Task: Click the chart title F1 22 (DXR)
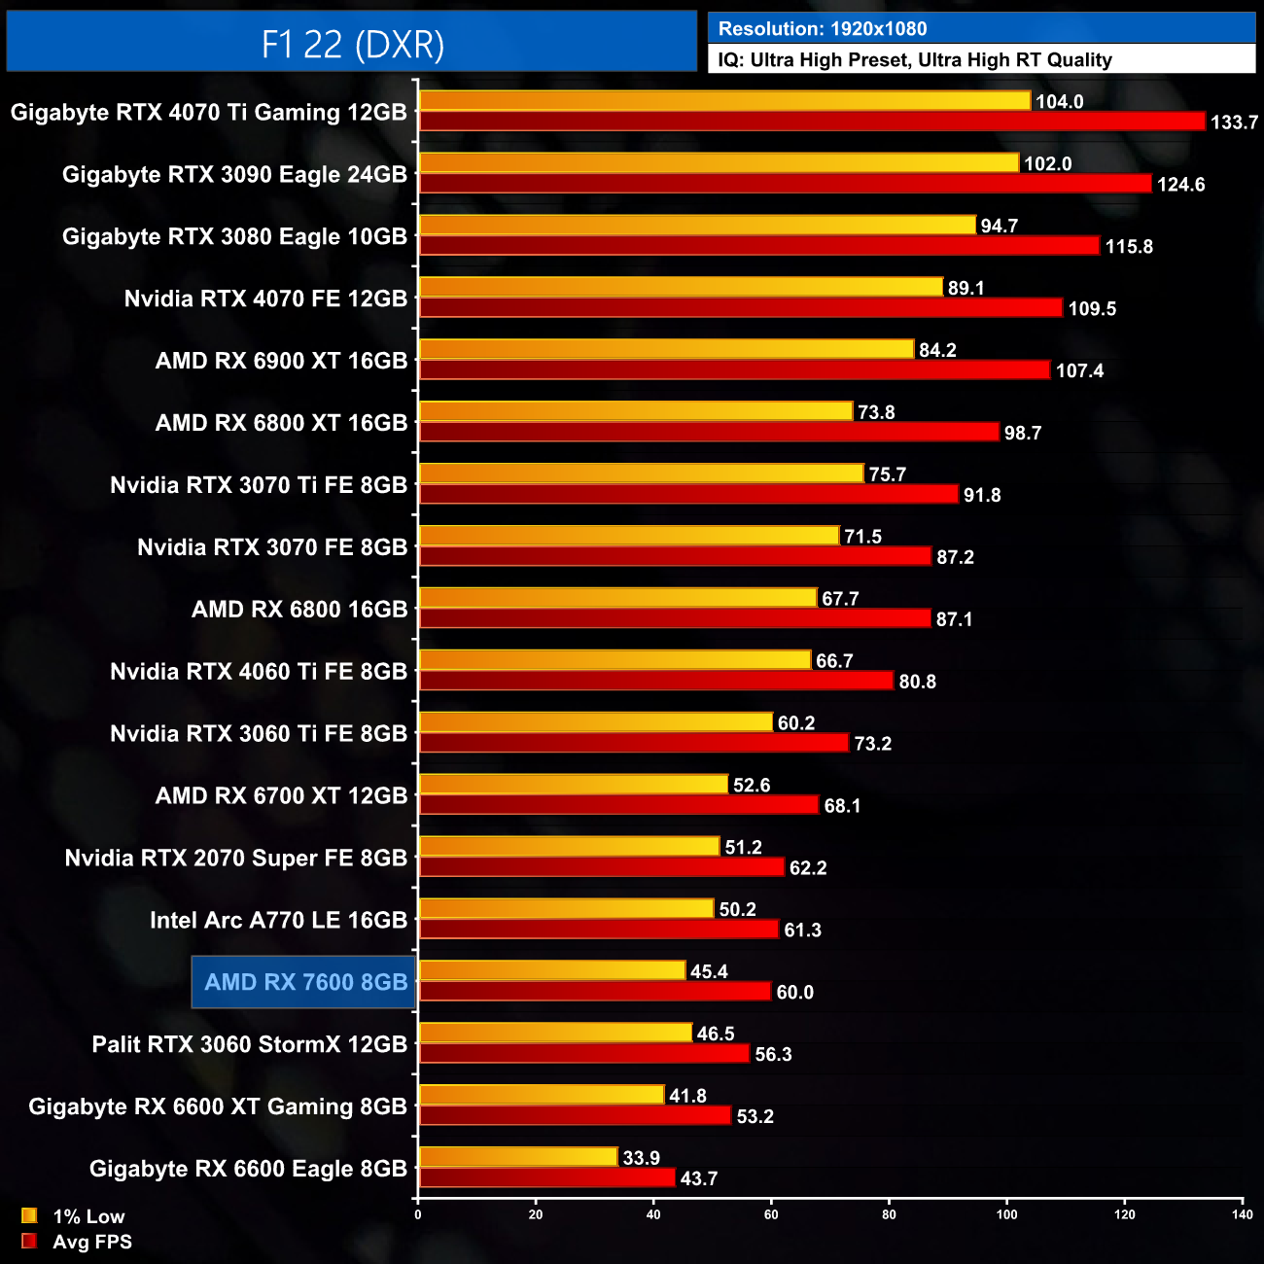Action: (x=352, y=44)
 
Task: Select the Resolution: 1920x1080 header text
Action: (x=823, y=29)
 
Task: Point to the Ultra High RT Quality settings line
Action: (x=915, y=60)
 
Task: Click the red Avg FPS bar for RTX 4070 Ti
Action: (x=812, y=122)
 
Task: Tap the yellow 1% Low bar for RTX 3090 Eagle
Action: (x=719, y=163)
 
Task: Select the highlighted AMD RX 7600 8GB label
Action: (x=305, y=982)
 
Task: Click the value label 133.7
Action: (x=1234, y=123)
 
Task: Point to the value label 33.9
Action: (x=641, y=1158)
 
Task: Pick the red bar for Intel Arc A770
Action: (x=599, y=930)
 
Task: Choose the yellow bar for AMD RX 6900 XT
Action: (x=666, y=349)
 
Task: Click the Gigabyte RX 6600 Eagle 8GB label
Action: (x=248, y=1169)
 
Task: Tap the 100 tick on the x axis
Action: (x=1006, y=1214)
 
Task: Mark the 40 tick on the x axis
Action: (x=653, y=1214)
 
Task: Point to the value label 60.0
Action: (x=794, y=993)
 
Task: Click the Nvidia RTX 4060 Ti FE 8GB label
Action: (x=259, y=672)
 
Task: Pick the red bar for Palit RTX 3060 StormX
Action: (x=584, y=1054)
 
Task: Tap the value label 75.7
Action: (x=887, y=474)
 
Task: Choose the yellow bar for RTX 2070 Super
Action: (x=569, y=847)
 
